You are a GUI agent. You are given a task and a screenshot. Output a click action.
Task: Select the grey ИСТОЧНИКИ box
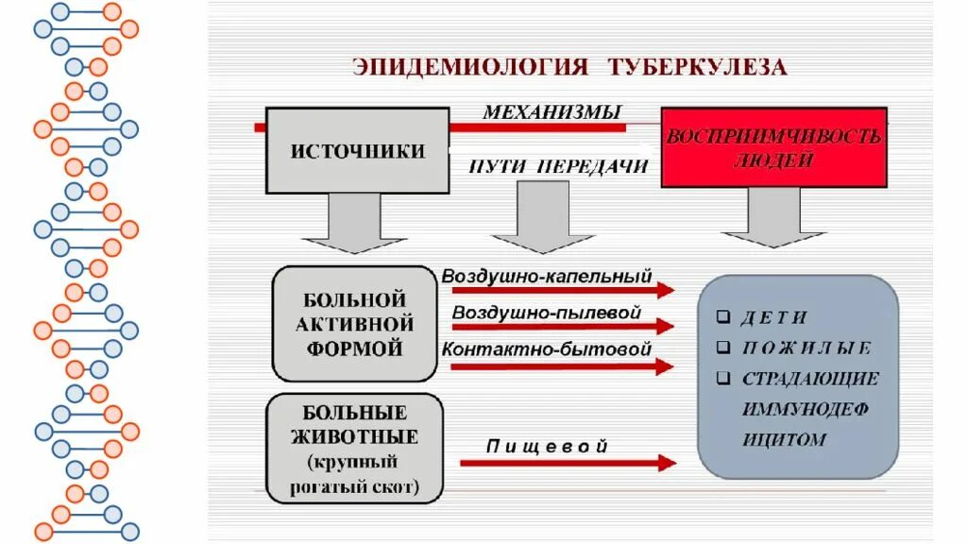357,151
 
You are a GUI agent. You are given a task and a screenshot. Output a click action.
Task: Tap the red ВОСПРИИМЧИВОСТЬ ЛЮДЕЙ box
774,147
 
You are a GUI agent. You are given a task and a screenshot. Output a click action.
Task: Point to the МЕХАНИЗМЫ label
552,112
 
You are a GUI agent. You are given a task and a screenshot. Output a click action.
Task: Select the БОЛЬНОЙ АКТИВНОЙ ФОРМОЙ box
353,324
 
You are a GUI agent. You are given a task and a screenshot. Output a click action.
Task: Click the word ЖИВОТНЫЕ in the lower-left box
355,437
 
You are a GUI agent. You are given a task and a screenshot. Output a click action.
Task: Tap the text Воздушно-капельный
547,277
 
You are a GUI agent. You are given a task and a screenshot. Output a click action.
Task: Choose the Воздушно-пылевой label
547,313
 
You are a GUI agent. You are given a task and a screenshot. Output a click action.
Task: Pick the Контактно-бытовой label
547,348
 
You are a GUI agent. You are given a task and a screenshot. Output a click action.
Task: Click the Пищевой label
547,447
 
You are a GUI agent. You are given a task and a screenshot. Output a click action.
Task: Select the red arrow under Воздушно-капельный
563,291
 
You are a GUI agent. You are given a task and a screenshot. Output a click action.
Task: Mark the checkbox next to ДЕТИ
723,317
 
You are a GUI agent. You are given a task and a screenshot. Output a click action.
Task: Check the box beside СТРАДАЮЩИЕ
723,379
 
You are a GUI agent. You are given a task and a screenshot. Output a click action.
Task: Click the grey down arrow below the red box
774,216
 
